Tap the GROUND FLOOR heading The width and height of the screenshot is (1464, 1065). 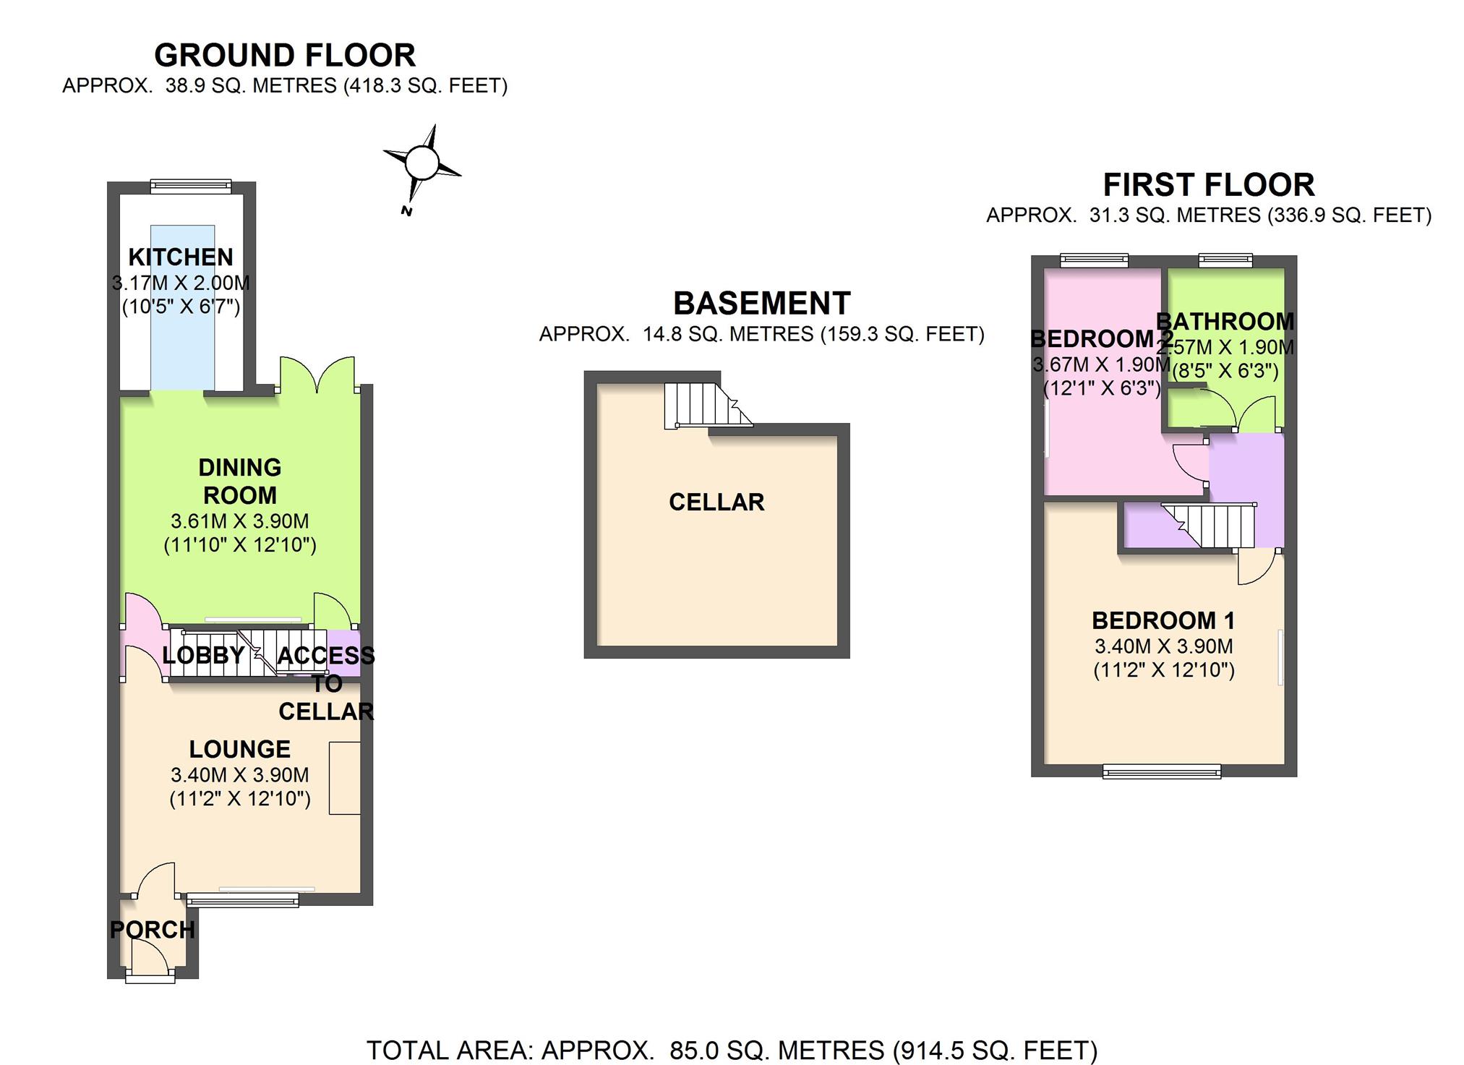pyautogui.click(x=285, y=56)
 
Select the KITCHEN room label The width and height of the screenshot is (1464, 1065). pyautogui.click(x=181, y=257)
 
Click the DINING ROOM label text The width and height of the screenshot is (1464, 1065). pyautogui.click(x=240, y=482)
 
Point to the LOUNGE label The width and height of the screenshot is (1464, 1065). pyautogui.click(x=240, y=749)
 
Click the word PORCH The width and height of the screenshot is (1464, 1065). pyautogui.click(x=153, y=930)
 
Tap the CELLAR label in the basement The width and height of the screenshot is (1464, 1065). pyautogui.click(x=716, y=502)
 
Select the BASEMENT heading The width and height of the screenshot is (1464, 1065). pyautogui.click(x=762, y=304)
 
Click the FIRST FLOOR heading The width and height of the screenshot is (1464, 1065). pyautogui.click(x=1209, y=185)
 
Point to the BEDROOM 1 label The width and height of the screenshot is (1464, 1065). pyautogui.click(x=1163, y=620)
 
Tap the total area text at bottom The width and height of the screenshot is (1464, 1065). pyautogui.click(x=732, y=1050)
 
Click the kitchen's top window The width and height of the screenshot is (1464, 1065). pyautogui.click(x=191, y=187)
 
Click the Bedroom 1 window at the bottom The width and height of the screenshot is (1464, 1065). pyautogui.click(x=1162, y=772)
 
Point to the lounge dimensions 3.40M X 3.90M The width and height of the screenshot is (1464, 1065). pyautogui.click(x=240, y=775)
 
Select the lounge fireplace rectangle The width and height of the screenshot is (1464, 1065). pyautogui.click(x=345, y=778)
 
